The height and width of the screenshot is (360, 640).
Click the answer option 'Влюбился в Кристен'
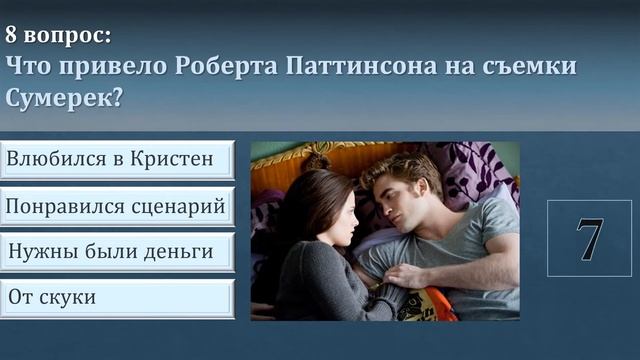click(117, 160)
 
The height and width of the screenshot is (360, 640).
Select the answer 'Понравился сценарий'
click(117, 206)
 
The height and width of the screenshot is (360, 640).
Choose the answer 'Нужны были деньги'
click(117, 252)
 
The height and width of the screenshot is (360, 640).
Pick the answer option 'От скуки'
click(117, 298)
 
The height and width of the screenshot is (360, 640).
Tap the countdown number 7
click(589, 238)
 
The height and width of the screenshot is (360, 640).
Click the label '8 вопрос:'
click(58, 35)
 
